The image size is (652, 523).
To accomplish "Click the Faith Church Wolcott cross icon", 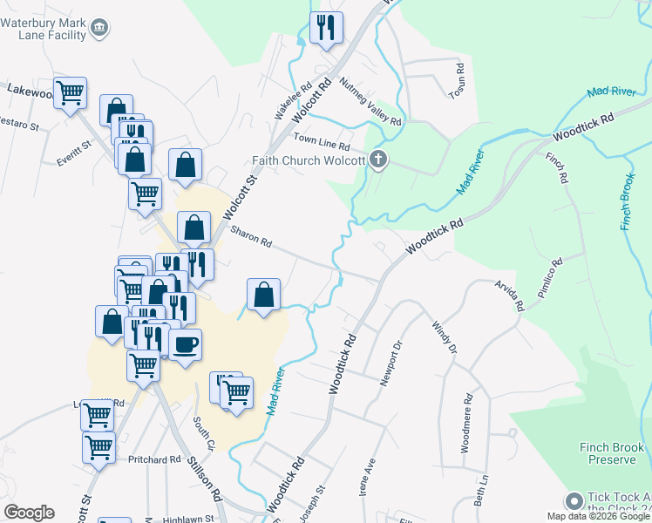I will (377, 160).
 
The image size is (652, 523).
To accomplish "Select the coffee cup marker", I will (184, 345).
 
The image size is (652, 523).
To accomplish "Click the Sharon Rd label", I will (252, 236).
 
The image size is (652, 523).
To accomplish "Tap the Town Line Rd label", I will (321, 139).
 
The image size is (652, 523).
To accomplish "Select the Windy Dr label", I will (445, 337).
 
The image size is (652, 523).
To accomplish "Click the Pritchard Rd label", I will (154, 459).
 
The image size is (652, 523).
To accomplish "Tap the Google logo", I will (29, 513).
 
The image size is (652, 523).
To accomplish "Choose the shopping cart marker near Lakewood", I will (71, 92).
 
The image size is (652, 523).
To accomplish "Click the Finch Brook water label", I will (629, 201).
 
